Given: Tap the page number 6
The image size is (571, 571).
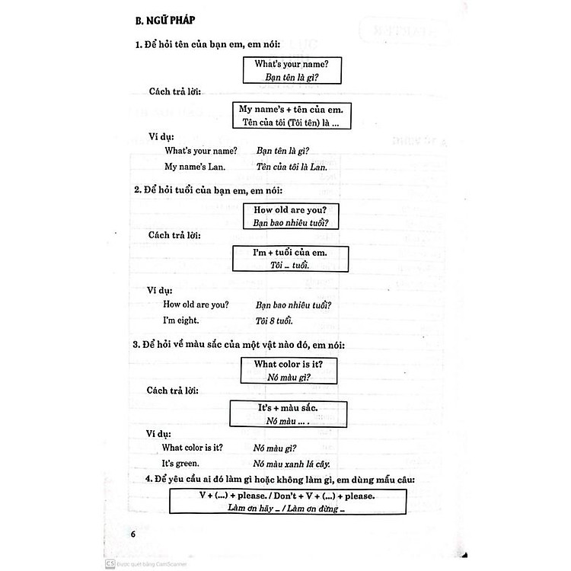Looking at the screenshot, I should click(132, 532).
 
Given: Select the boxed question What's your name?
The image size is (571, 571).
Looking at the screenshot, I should click(292, 64).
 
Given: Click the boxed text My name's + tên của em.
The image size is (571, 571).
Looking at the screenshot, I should click(291, 109).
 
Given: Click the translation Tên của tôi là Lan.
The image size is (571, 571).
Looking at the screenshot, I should click(292, 166).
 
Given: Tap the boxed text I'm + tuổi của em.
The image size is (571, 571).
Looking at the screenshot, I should click(291, 253).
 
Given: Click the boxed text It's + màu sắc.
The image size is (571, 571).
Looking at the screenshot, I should click(288, 408).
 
